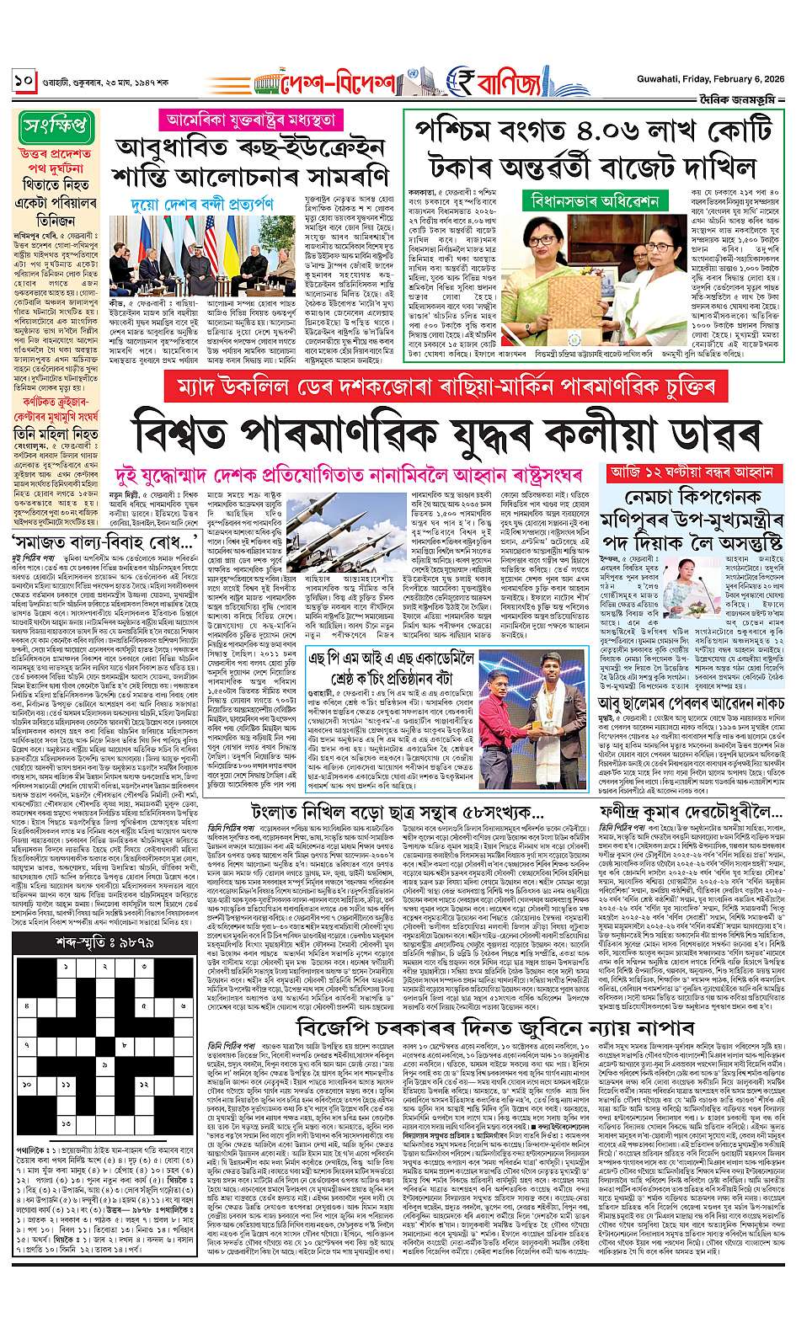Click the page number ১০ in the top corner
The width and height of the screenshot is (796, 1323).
(x=23, y=83)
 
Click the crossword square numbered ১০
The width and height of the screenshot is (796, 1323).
(x=27, y=1086)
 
